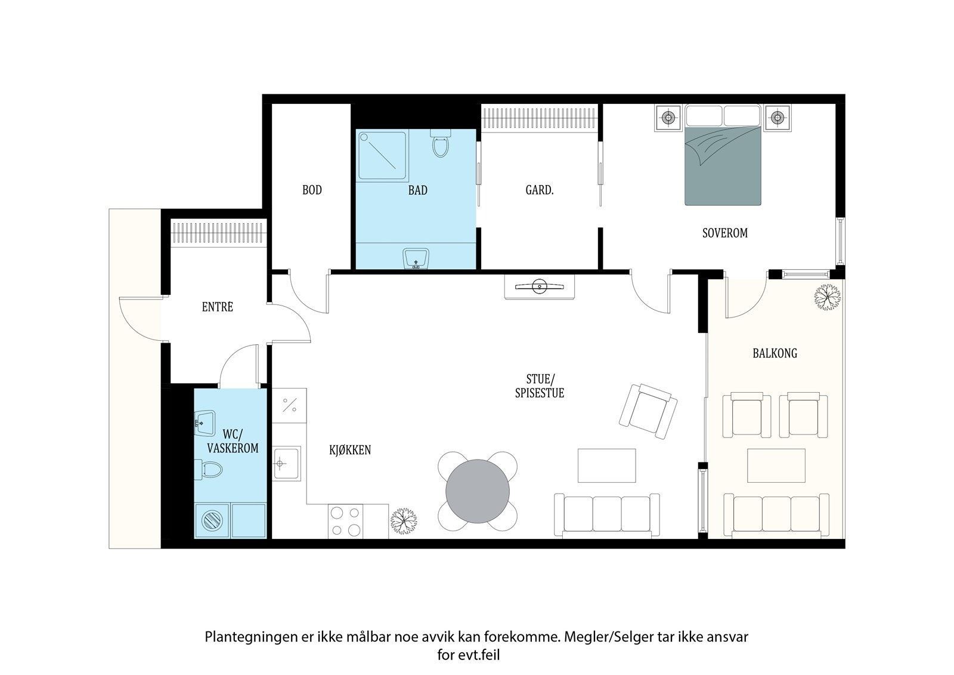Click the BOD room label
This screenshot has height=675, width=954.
click(312, 190)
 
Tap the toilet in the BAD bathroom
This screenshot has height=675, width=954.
click(441, 143)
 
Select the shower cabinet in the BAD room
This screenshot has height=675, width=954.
click(382, 155)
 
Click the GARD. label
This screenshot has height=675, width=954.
click(540, 190)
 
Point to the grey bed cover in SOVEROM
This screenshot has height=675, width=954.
click(723, 166)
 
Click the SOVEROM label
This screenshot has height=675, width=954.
click(725, 233)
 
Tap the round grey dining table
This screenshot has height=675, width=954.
click(478, 491)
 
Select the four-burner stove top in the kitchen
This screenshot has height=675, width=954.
click(345, 521)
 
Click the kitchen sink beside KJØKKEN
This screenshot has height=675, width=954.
click(286, 463)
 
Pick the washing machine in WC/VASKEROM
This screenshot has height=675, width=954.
click(212, 520)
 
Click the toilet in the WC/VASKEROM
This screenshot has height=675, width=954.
click(209, 470)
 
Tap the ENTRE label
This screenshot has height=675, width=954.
click(217, 307)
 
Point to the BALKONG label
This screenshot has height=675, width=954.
click(775, 353)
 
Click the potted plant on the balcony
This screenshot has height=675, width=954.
click(827, 297)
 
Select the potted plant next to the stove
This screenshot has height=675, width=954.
click(404, 521)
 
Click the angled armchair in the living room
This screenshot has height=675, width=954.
click(648, 411)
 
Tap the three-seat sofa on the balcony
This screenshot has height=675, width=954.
click(776, 514)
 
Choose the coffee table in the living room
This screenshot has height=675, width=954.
click(606, 465)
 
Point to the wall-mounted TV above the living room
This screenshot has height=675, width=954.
click(539, 286)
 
